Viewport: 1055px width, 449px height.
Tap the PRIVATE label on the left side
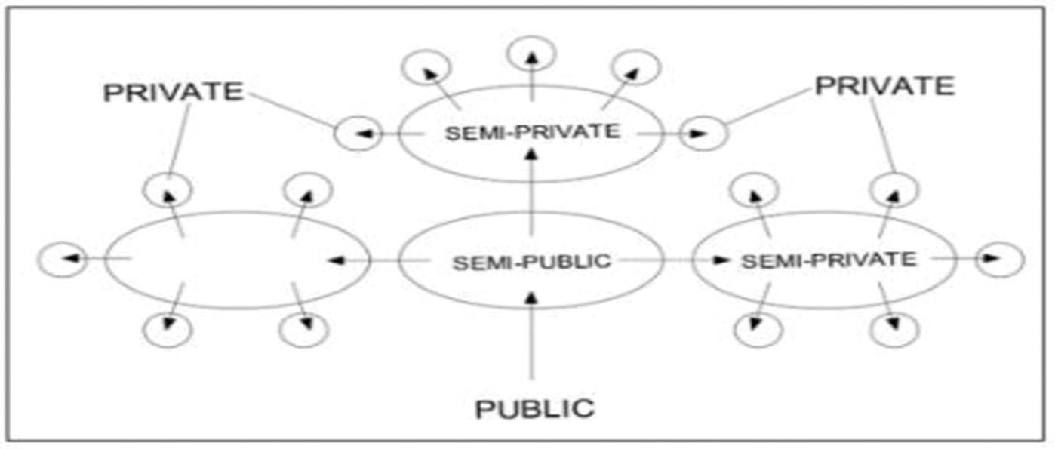tap(173, 92)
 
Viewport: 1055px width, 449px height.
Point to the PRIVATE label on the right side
tap(884, 86)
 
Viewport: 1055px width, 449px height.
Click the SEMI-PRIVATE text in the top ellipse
tap(532, 132)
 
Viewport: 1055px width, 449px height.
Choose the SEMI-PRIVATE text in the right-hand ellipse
tap(828, 260)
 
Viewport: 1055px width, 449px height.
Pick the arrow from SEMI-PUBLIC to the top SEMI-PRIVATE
tap(532, 192)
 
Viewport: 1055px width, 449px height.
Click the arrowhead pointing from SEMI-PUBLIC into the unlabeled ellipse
tap(337, 261)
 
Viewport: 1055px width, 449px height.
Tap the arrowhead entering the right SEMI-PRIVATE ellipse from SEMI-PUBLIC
tap(722, 260)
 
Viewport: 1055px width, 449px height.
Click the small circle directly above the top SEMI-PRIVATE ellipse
tap(532, 53)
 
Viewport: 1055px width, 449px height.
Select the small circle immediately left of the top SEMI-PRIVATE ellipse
tap(358, 134)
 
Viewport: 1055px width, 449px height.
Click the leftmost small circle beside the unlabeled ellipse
tap(63, 260)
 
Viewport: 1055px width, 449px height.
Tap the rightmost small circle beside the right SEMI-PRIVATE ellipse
tap(1001, 260)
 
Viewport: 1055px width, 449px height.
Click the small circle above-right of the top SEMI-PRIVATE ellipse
tap(635, 67)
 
